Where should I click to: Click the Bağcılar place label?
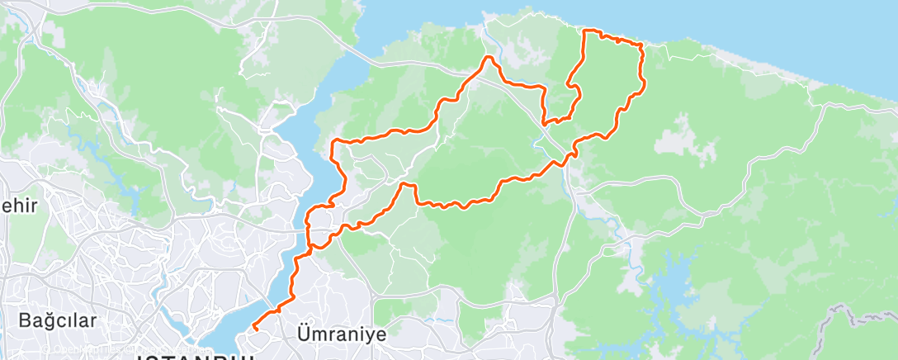coord(58,320)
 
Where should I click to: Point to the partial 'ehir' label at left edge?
coord(18,206)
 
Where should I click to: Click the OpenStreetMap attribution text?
coord(91,348)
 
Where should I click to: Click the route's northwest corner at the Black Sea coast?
coord(585,31)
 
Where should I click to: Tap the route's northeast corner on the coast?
coord(640,45)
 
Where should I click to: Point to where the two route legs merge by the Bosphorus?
coord(310,245)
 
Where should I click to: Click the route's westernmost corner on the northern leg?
coord(333,142)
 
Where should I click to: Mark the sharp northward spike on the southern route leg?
coord(405,184)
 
